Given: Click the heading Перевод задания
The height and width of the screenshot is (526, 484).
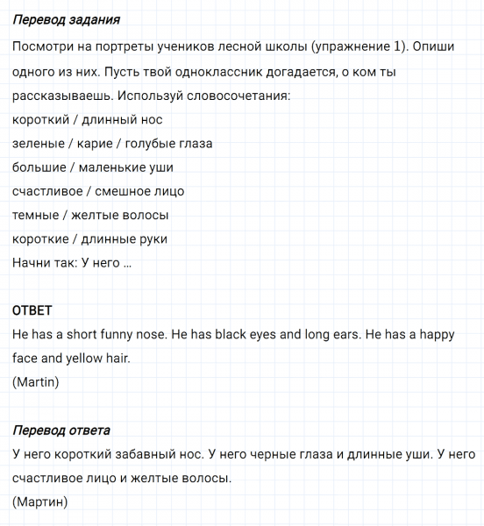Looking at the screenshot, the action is point(67,19).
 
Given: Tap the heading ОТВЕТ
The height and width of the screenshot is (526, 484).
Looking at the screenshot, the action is point(33,310).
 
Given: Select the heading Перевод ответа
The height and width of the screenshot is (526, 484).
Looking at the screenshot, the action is point(61,430).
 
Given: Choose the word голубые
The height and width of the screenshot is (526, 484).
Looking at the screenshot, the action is point(152,143).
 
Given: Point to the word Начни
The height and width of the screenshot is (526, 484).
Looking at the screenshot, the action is point(32,262).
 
